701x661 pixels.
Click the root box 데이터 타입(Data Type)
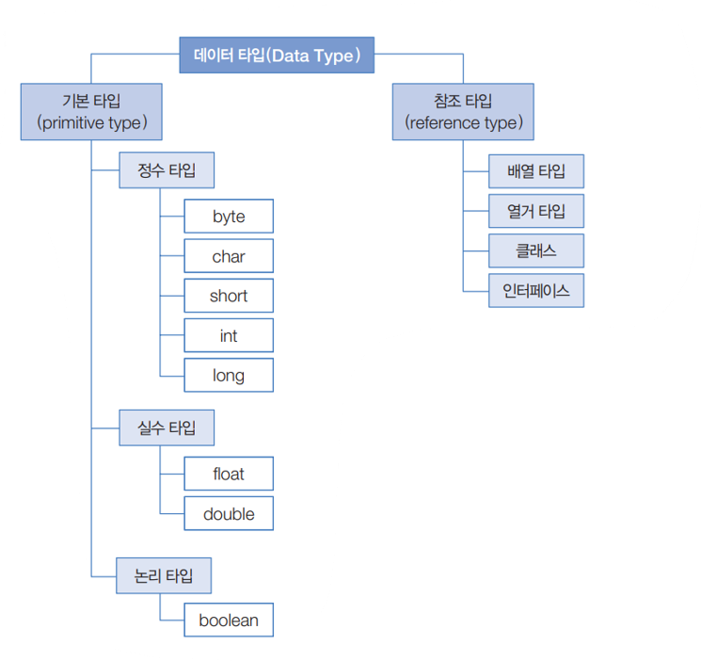click(x=277, y=56)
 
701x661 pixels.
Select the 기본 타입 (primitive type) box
click(x=91, y=111)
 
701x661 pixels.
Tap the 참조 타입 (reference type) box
click(x=463, y=111)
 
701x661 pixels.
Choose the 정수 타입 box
click(x=167, y=171)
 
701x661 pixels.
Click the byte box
click(x=229, y=217)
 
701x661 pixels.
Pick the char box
click(x=229, y=256)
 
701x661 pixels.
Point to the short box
click(x=229, y=296)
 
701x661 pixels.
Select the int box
click(x=229, y=335)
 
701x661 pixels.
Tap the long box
click(x=229, y=376)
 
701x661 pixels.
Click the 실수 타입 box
click(x=167, y=427)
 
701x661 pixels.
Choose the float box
click(x=229, y=474)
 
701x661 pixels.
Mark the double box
click(x=229, y=514)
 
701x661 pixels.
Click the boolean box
click(x=229, y=621)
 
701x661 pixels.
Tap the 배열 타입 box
click(x=536, y=171)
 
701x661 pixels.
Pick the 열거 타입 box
click(x=536, y=211)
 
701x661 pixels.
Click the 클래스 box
click(x=536, y=250)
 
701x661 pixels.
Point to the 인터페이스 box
click(x=536, y=290)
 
